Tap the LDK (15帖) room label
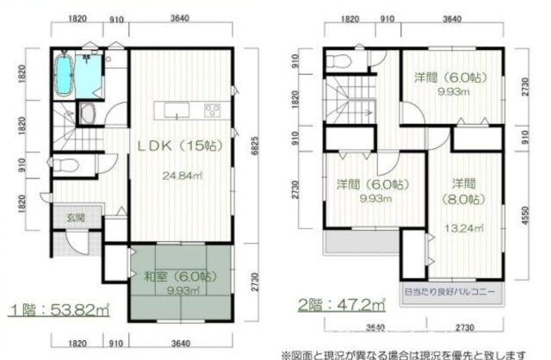(179, 146)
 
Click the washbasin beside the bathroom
(88, 113)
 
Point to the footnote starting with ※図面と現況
(413, 353)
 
